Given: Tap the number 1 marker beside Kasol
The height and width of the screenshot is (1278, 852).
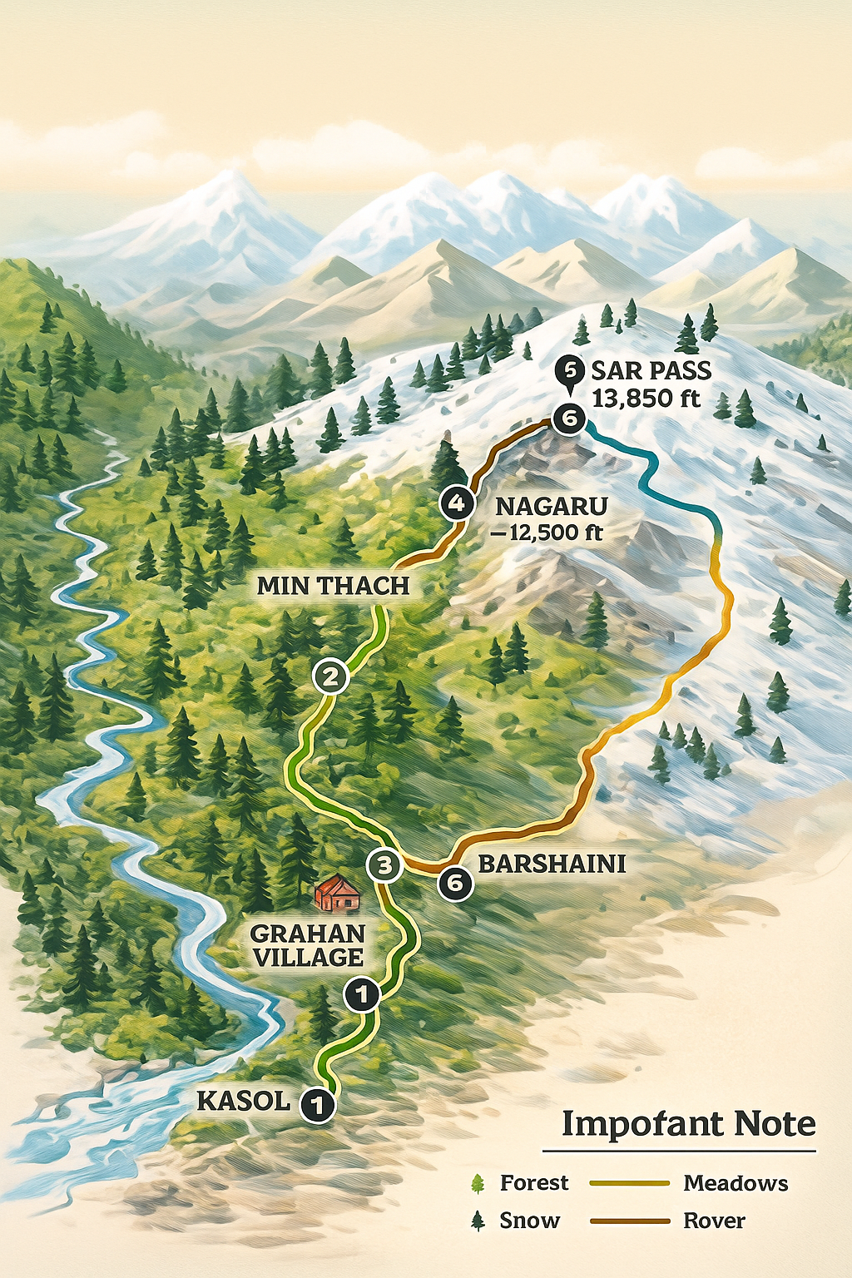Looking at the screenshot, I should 317,1105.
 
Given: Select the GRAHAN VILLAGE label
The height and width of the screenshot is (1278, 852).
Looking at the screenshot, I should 308,945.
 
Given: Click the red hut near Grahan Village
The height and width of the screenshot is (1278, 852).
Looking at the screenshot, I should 337,893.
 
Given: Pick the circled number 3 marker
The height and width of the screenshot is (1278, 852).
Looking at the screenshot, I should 384,865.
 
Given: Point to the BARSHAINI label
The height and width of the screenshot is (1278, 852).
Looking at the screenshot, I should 552,863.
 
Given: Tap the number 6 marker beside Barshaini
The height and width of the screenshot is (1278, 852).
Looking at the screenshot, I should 455,882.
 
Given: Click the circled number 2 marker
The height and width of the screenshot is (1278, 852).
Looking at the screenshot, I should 331,676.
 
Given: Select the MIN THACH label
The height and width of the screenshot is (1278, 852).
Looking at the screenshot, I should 333,586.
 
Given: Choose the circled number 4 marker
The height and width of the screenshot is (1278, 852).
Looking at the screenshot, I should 456,503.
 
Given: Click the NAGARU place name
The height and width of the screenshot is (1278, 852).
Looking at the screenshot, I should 552,506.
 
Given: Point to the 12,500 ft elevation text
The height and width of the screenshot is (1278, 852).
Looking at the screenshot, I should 549,532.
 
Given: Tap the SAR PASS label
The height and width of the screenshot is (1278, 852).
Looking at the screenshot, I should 651,370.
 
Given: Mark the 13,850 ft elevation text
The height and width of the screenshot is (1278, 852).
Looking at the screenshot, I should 646,398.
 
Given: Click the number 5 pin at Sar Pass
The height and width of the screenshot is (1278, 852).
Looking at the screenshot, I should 570,369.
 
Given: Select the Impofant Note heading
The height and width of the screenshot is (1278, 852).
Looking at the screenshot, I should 688,1123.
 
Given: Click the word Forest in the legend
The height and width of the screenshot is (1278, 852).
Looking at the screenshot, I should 534,1182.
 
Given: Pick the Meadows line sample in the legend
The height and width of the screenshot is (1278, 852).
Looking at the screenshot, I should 629,1182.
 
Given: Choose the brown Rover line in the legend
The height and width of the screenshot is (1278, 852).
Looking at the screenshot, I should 629,1221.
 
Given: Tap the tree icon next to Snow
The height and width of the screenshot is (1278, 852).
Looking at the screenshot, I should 478,1221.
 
